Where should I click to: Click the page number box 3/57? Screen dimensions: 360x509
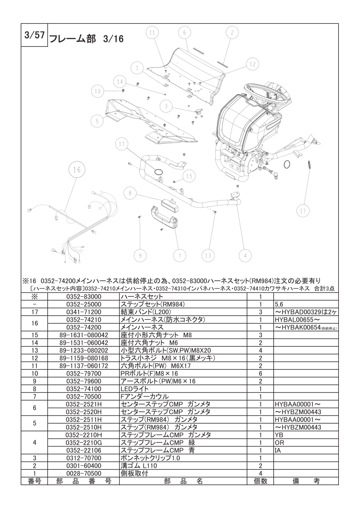tap(35, 35)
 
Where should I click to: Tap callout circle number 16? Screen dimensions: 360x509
tap(77, 170)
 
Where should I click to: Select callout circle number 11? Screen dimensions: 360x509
tap(153, 33)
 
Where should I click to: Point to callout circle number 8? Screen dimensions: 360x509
tap(130, 194)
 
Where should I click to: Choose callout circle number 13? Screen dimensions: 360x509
tap(208, 256)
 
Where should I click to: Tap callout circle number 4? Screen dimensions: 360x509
tap(245, 256)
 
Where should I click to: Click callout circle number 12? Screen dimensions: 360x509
tap(252, 64)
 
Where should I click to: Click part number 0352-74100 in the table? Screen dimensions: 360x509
tap(84, 389)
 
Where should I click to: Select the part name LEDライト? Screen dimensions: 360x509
tap(134, 389)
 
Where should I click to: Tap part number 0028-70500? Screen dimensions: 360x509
tap(84, 473)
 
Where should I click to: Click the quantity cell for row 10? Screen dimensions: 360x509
tap(261, 373)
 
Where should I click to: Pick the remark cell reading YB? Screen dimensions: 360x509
tap(278, 435)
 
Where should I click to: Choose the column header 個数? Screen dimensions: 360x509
tap(261, 481)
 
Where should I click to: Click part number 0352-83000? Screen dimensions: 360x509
tap(84, 297)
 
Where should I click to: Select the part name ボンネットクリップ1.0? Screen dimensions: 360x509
tap(150, 458)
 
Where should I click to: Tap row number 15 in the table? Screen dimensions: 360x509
tap(35, 335)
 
